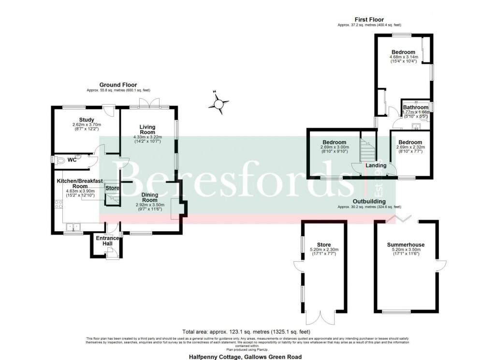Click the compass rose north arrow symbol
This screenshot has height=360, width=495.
(x=219, y=103)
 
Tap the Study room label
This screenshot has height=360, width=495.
(x=87, y=120)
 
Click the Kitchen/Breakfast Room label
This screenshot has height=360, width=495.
(x=79, y=183)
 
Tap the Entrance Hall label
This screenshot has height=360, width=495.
(x=107, y=240)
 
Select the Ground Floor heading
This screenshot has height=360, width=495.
(x=118, y=85)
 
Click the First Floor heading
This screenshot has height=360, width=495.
(x=370, y=19)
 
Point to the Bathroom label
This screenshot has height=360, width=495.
(x=415, y=107)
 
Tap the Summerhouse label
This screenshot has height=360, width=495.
(x=406, y=245)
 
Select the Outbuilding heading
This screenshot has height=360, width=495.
(x=369, y=201)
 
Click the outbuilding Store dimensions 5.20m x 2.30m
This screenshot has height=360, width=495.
(x=324, y=250)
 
